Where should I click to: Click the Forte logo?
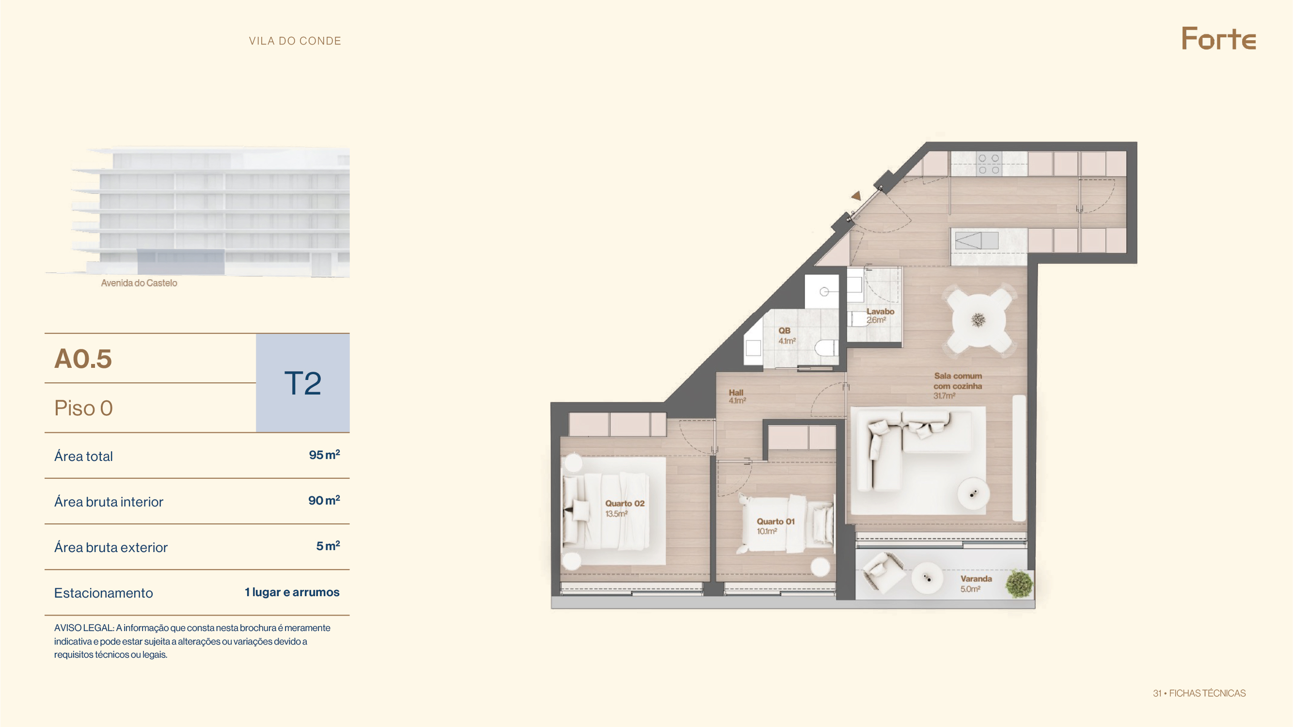(x=1218, y=39)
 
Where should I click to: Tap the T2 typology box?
(x=303, y=383)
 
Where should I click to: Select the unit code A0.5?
(x=83, y=359)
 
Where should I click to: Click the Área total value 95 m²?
(x=324, y=455)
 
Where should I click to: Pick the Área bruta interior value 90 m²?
(x=324, y=500)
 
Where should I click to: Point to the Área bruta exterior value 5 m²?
(x=328, y=546)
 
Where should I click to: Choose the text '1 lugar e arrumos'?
(x=292, y=592)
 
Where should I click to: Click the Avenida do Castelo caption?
(x=139, y=283)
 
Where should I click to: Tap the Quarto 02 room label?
(x=624, y=504)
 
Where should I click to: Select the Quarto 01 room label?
(x=775, y=522)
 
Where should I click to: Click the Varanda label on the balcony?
(x=976, y=579)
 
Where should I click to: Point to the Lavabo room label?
(x=880, y=312)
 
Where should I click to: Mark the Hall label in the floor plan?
(x=736, y=393)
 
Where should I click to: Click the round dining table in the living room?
(x=978, y=320)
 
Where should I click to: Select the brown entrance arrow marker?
(x=856, y=195)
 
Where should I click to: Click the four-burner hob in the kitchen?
(x=988, y=164)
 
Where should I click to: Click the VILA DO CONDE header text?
(x=295, y=41)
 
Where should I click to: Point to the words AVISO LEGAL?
(x=84, y=628)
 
